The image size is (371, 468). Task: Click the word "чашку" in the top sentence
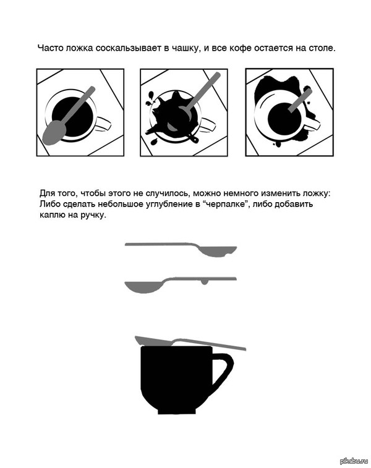[x=185, y=49]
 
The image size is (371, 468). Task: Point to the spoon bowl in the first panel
[x=54, y=133]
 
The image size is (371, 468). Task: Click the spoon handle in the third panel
[x=301, y=100]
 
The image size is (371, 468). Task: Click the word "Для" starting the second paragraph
[x=46, y=194]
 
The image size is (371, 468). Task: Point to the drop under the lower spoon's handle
[x=204, y=282]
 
